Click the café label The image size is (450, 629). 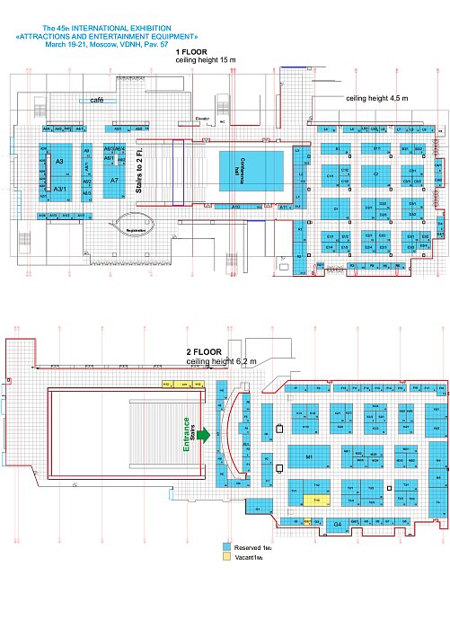(97, 102)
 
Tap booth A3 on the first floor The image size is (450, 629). (59, 161)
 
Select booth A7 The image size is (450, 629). (114, 181)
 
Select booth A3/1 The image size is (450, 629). (59, 189)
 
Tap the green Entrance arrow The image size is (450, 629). (206, 435)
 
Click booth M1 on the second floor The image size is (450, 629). (309, 457)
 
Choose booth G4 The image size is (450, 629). (313, 523)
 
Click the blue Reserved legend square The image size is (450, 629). (226, 545)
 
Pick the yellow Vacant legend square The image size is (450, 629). (226, 557)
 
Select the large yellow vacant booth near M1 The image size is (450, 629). (313, 499)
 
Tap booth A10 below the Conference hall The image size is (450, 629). (236, 207)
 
